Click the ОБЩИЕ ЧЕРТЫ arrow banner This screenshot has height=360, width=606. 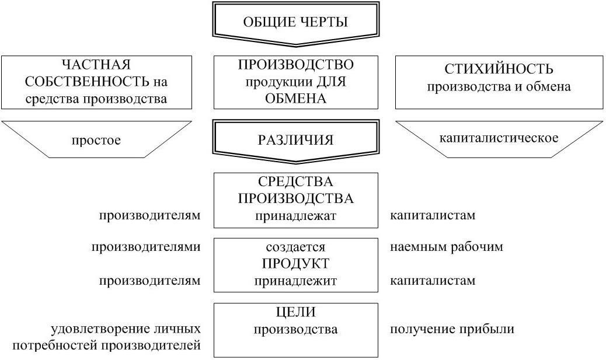click(295, 23)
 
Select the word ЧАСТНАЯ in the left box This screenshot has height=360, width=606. click(96, 64)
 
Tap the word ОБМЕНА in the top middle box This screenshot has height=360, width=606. click(295, 99)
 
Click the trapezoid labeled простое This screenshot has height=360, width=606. click(96, 140)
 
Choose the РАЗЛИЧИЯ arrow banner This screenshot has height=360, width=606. click(295, 140)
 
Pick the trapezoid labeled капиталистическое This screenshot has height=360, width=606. click(499, 138)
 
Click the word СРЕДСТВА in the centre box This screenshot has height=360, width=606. click(295, 182)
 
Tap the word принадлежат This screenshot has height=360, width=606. click(295, 215)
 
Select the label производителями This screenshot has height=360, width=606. click(146, 247)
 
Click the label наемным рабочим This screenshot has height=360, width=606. click(446, 247)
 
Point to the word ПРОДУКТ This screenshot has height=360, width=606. click(295, 264)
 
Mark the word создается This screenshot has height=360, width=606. click(295, 247)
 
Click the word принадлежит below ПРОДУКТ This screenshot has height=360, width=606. click(295, 281)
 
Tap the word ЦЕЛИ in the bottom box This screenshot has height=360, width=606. click(295, 312)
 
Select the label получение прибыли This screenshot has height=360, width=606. click(452, 329)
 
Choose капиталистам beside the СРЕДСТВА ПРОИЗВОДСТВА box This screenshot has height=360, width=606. click(433, 215)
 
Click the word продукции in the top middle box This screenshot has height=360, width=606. click(268, 82)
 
